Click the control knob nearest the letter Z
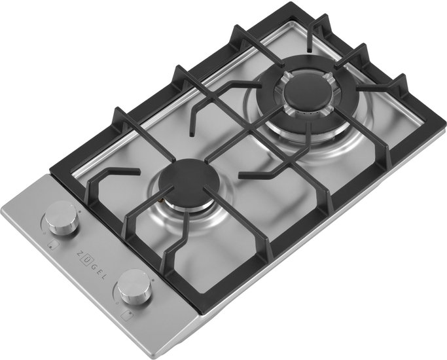(x=62, y=217)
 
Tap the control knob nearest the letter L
(x=134, y=287)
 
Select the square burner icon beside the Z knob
(x=52, y=245)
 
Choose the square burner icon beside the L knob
(x=126, y=315)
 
